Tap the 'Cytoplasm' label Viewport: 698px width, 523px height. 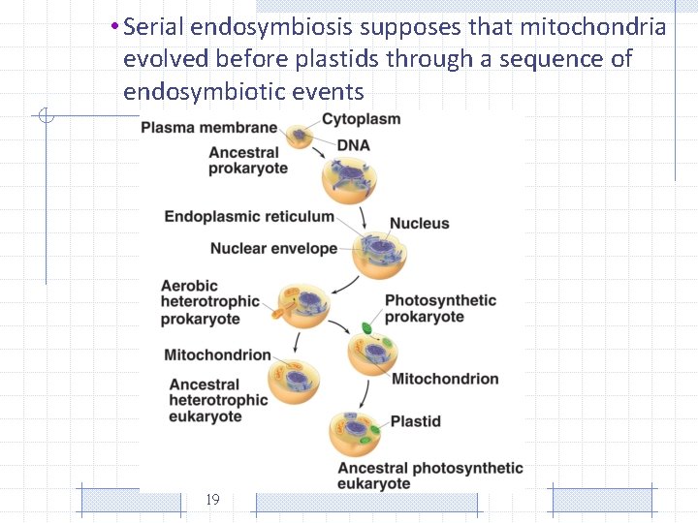coord(361,119)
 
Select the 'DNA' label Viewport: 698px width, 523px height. coord(353,145)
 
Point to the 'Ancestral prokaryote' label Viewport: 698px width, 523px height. coord(248,160)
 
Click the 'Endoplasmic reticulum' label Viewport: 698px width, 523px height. coord(249,216)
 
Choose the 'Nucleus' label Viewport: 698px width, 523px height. coord(419,224)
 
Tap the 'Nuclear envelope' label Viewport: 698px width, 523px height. coord(273,249)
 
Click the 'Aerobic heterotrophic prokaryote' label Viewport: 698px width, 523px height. coord(210,302)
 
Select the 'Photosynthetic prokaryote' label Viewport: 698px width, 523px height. coord(440,309)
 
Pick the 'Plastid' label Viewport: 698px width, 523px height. coord(415,421)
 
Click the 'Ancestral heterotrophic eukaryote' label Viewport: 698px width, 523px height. coord(218,400)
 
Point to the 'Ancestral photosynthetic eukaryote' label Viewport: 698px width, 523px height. coord(429,476)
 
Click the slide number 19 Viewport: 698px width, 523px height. coord(213,500)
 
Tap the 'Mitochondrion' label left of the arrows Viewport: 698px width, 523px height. coord(217,355)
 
